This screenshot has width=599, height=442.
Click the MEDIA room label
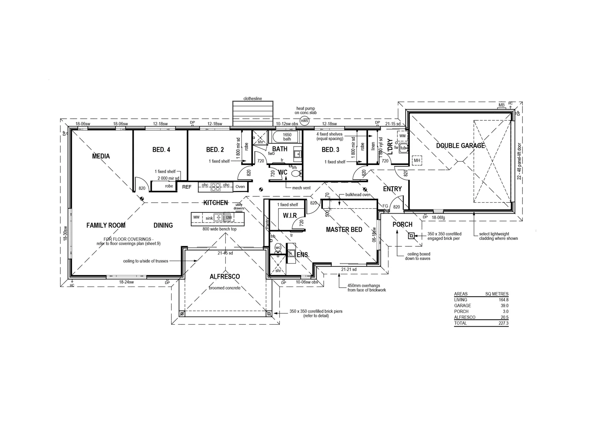pos(101,156)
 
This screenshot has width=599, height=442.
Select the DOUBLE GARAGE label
pos(460,145)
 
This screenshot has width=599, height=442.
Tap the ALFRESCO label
pos(225,277)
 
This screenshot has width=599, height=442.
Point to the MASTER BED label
pos(344,230)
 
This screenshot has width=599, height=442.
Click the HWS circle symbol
pos(304,121)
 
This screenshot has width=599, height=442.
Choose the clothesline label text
pos(252,99)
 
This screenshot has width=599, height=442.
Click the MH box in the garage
pos(417,160)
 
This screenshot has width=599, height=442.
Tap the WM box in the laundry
pos(402,135)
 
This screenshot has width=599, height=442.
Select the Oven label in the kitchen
pos(240,187)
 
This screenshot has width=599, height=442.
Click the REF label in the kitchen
pos(186,187)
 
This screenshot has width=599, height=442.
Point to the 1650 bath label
pos(287,137)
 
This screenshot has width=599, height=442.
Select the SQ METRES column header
pos(497,294)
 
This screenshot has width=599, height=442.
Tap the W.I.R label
pos(290,215)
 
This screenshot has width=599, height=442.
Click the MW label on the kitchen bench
pos(196,217)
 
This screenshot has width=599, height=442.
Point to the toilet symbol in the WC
pos(295,174)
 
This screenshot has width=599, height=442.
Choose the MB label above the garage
pos(501,105)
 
